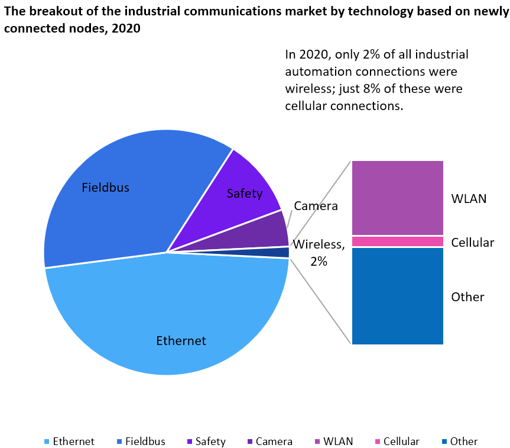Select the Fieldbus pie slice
tap(118, 201)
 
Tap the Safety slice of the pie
tap(248, 183)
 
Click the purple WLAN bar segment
tap(397, 198)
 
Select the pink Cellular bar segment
tap(397, 241)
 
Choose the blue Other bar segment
tap(397, 296)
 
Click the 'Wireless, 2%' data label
tap(319, 252)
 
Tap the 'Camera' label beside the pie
tap(316, 206)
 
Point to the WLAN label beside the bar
tap(469, 198)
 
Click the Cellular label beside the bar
tap(472, 243)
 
